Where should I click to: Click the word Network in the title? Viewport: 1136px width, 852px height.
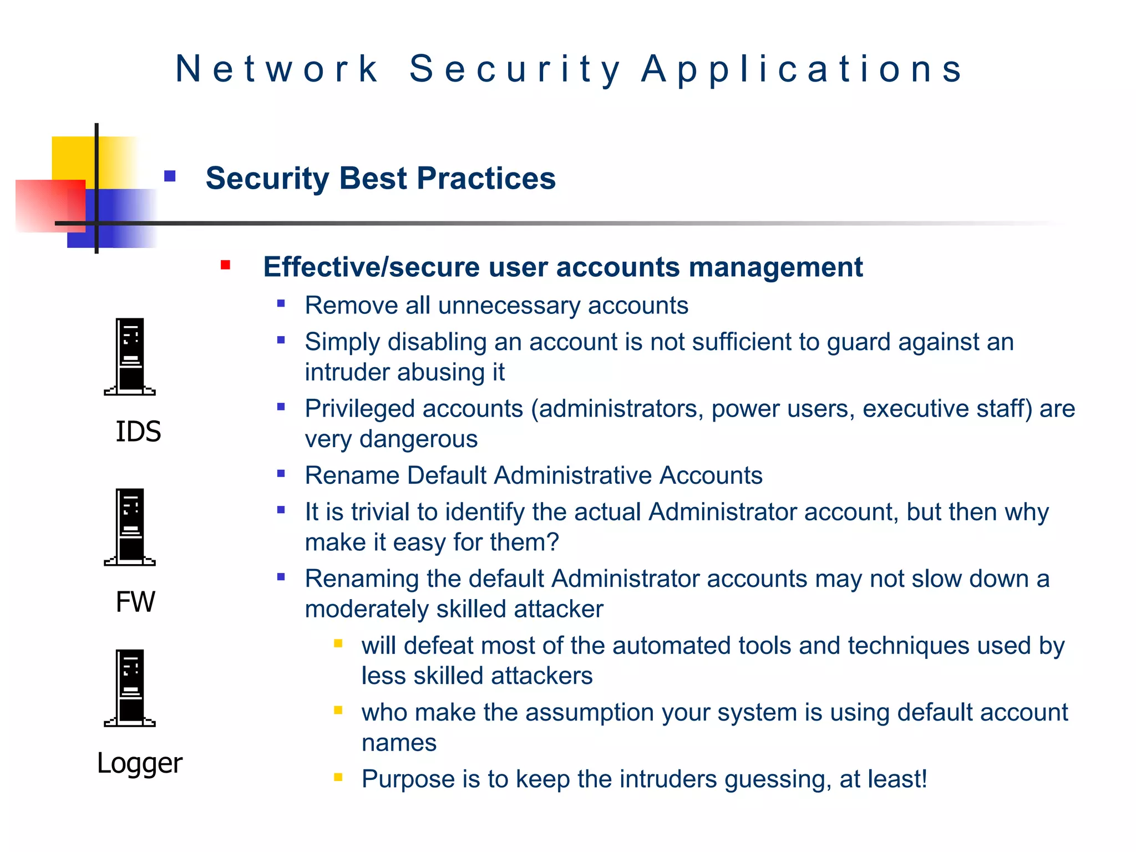click(277, 69)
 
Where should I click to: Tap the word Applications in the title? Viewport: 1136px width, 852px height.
click(802, 69)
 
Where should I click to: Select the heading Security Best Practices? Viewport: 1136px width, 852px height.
click(381, 179)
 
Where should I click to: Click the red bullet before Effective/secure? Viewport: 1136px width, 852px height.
click(225, 265)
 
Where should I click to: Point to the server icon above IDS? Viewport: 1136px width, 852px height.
click(130, 357)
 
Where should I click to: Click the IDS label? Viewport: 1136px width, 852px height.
click(138, 432)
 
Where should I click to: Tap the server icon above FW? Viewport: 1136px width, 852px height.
click(130, 527)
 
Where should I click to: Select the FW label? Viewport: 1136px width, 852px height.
click(135, 602)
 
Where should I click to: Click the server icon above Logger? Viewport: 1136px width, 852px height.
click(130, 688)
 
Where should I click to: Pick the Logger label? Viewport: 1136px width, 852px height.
click(139, 764)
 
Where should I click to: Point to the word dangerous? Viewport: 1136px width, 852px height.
click(418, 439)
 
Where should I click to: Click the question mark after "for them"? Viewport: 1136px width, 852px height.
click(552, 542)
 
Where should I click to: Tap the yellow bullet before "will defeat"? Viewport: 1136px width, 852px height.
click(338, 643)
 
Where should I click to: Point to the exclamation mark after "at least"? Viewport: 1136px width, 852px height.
click(923, 779)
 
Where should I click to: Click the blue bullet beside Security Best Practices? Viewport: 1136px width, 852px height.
click(170, 176)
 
